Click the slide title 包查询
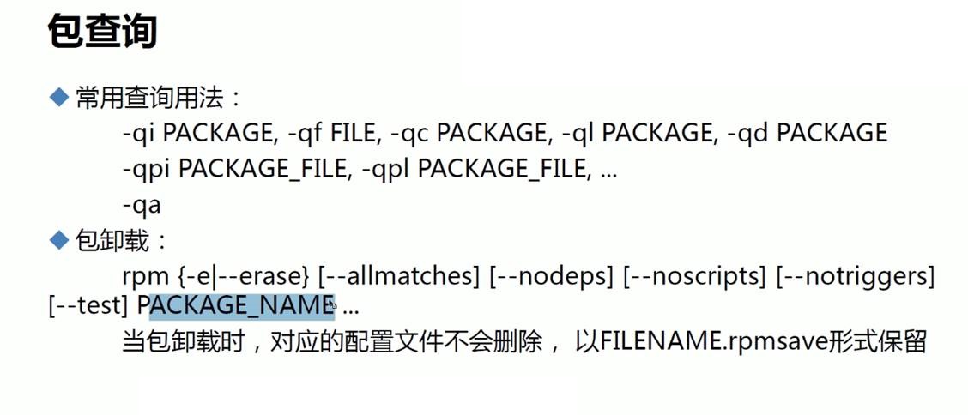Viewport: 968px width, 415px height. [101, 33]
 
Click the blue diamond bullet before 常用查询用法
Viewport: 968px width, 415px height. [58, 98]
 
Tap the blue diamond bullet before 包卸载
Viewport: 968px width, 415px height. [58, 241]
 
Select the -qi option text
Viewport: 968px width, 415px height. [138, 134]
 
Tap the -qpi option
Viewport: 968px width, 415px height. [146, 170]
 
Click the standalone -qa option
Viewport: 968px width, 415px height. [142, 206]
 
